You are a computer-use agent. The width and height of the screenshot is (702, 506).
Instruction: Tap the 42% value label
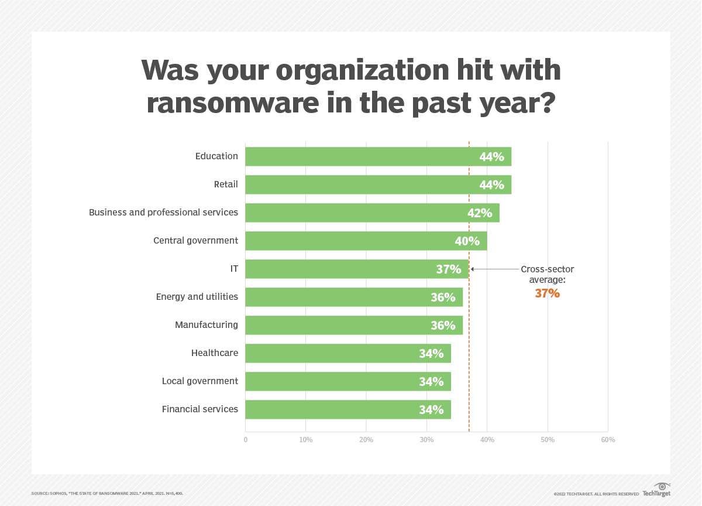click(479, 213)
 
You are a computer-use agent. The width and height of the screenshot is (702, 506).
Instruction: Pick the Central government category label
click(195, 241)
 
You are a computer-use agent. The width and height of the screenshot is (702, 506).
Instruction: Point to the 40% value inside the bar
click(467, 241)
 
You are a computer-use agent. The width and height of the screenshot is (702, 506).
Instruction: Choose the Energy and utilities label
click(197, 297)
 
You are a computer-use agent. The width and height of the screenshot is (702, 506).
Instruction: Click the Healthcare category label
click(214, 353)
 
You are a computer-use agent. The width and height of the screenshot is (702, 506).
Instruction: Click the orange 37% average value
click(547, 294)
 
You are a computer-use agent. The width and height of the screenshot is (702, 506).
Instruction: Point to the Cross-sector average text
click(547, 275)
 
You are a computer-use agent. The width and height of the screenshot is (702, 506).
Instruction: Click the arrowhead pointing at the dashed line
click(473, 269)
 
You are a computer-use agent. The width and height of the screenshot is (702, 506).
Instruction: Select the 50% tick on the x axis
click(548, 440)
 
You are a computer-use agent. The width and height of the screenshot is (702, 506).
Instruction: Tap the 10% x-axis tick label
click(305, 440)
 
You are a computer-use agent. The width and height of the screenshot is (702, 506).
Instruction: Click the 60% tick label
click(608, 440)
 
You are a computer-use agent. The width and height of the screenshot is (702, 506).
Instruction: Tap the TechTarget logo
click(656, 490)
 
